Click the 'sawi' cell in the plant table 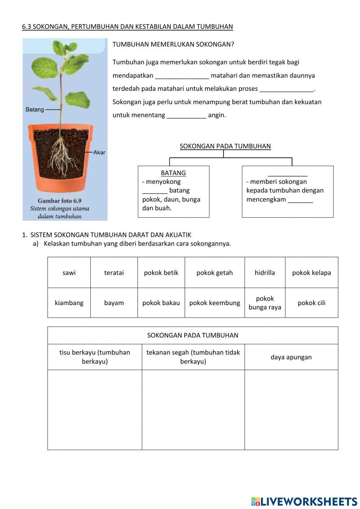click(x=69, y=273)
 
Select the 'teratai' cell click(x=114, y=273)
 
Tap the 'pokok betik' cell click(x=161, y=273)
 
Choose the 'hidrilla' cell click(x=265, y=273)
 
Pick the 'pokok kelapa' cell click(x=311, y=273)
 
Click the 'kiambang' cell click(x=69, y=303)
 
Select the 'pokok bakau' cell click(x=161, y=303)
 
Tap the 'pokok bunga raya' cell click(x=265, y=303)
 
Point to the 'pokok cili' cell click(x=311, y=303)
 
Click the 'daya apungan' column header click(x=291, y=357)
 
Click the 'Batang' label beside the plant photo click(x=35, y=110)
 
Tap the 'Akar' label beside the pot click(x=99, y=152)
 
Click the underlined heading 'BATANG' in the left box click(x=173, y=173)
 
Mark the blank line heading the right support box click(x=287, y=174)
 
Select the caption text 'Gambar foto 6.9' click(x=59, y=201)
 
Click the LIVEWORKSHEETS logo click(x=304, y=501)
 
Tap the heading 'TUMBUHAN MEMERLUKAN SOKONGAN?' click(x=173, y=45)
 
